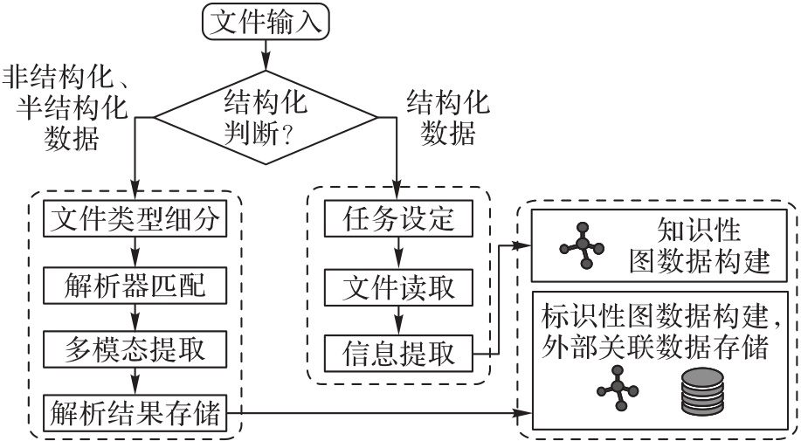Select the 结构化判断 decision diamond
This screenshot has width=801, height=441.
tap(266, 117)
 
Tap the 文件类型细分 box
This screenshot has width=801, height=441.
tap(135, 219)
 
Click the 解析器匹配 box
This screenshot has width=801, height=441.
tap(135, 285)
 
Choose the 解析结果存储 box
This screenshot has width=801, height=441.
tap(135, 411)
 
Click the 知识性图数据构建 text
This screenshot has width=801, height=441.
tap(698, 246)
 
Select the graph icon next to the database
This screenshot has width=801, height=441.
tap(618, 387)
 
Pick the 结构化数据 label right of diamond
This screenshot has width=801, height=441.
tap(449, 117)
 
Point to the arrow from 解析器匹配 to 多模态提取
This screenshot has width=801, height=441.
tap(135, 316)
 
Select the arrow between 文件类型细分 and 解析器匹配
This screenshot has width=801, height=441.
tap(135, 252)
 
